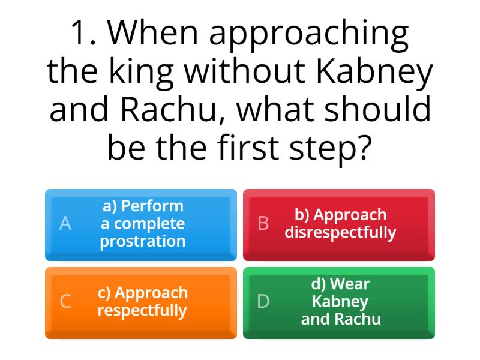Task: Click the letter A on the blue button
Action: point(65,224)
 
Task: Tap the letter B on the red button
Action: point(263,224)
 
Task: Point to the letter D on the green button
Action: point(263,302)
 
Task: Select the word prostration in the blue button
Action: point(143,242)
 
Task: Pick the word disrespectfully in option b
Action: point(340,233)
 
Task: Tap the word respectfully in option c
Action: point(142,311)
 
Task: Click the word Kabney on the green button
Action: point(340,301)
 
